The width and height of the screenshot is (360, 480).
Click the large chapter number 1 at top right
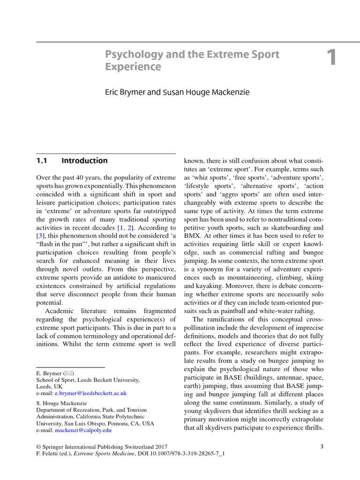331,58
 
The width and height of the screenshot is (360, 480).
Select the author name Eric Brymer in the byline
125,92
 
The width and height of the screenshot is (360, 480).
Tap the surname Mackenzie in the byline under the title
228,92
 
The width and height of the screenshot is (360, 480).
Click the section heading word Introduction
84,161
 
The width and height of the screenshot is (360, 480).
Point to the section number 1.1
43,161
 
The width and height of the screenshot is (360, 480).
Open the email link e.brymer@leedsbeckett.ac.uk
91,393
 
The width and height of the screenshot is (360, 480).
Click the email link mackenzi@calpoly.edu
83,429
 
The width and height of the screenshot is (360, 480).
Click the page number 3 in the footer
322,446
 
